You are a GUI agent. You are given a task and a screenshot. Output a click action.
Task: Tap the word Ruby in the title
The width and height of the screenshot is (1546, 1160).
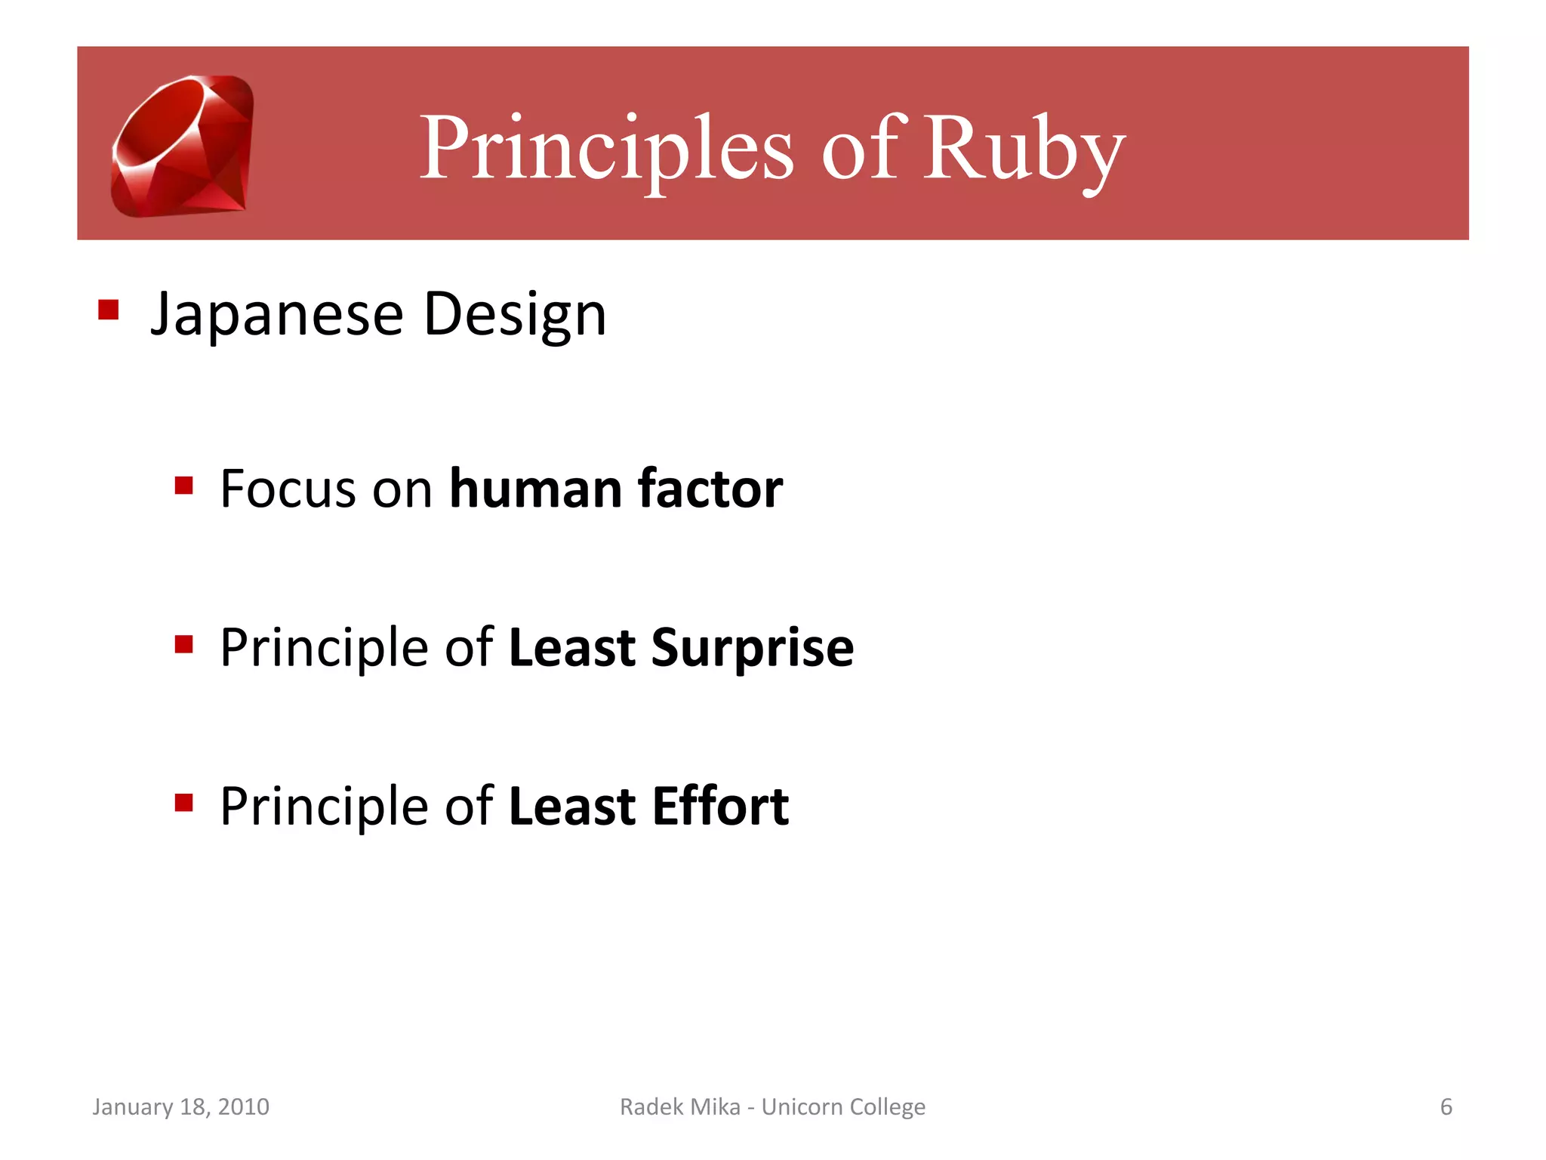1024,148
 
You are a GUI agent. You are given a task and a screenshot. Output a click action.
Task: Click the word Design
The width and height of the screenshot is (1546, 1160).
515,314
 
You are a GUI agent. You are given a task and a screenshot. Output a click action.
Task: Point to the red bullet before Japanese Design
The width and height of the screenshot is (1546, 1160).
109,310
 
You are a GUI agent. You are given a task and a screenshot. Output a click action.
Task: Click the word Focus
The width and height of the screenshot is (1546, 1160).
288,489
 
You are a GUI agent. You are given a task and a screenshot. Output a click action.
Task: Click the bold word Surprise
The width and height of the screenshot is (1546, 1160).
752,648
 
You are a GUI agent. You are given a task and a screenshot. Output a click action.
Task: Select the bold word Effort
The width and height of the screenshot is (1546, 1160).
720,806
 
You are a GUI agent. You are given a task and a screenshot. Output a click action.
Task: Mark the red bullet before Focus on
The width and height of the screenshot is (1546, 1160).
183,485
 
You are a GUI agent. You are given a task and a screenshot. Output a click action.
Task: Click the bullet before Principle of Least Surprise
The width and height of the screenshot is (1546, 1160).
183,644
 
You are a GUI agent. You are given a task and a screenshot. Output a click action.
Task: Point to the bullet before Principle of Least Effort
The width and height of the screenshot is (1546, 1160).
183,802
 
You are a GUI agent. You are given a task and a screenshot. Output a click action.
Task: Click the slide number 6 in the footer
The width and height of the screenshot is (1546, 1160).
1446,1107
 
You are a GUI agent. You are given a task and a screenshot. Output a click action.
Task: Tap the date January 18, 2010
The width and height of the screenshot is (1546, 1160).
180,1107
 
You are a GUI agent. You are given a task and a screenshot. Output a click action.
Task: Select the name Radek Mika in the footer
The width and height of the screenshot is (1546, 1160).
679,1107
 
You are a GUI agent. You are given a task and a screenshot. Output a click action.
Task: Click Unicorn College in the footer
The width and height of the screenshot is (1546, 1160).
842,1107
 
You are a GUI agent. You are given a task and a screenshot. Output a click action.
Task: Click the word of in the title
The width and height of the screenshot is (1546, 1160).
861,148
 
